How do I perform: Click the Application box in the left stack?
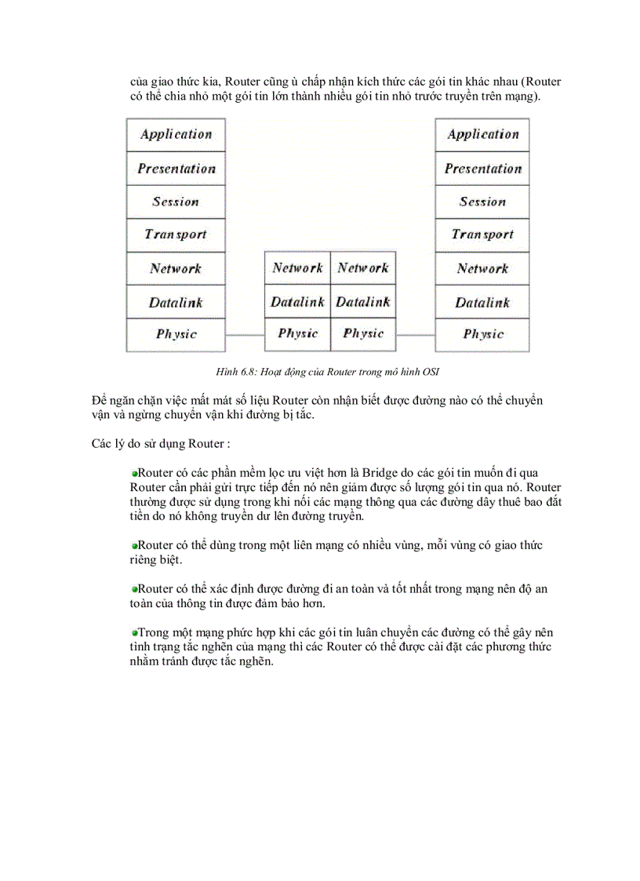[176, 135]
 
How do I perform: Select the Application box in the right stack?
[482, 135]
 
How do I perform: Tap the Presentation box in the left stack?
[176, 169]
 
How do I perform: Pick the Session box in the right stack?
[482, 202]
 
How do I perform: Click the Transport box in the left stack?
[176, 235]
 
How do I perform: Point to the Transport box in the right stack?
[482, 235]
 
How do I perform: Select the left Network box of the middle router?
[297, 268]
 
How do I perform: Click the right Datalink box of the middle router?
[363, 302]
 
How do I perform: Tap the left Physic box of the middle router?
[297, 334]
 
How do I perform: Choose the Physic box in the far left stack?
[176, 334]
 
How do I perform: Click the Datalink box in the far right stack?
[482, 302]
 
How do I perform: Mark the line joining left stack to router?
[245, 335]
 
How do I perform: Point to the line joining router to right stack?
[416, 335]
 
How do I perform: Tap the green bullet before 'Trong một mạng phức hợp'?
[135, 632]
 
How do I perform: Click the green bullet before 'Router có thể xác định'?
[135, 588]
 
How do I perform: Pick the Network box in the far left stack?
[176, 268]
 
